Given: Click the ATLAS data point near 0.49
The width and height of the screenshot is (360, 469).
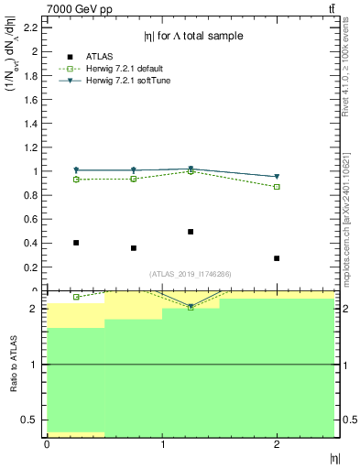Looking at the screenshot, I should [191, 232].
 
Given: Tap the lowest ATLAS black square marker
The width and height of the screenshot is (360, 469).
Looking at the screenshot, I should [277, 258].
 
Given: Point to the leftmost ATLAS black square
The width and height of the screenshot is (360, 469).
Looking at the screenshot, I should [76, 243].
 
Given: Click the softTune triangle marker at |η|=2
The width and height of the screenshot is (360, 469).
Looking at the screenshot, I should [277, 177].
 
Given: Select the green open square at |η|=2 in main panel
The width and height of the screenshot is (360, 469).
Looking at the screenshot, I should [277, 187].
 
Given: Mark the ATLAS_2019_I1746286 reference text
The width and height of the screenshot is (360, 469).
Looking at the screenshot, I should [191, 274].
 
